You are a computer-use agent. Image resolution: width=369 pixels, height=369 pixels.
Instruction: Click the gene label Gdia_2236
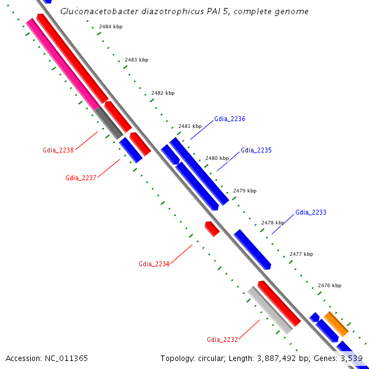(229, 119)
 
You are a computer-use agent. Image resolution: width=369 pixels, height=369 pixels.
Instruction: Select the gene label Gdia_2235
(256, 150)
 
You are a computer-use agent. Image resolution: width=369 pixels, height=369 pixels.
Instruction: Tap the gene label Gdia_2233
(311, 212)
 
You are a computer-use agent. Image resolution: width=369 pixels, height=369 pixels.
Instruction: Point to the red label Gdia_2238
(58, 150)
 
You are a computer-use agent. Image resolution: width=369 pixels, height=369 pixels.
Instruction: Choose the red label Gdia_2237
(81, 178)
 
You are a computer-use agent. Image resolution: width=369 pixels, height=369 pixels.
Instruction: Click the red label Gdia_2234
(154, 264)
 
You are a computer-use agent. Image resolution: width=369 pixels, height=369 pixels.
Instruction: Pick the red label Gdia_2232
(222, 339)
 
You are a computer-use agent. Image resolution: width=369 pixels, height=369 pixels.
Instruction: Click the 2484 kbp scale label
(111, 27)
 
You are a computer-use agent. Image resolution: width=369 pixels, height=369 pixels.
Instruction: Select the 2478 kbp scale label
(273, 223)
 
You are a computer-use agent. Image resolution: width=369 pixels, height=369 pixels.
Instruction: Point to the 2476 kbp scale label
(329, 285)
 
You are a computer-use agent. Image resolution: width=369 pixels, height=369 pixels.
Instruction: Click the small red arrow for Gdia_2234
(212, 229)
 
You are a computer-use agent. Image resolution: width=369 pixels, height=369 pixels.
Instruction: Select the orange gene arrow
(336, 323)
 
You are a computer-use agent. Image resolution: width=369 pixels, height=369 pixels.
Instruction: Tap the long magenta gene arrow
(61, 63)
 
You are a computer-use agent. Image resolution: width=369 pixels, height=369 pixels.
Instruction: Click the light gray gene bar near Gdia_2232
(269, 310)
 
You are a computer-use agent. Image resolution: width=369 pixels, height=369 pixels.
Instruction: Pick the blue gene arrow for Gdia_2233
(252, 248)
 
